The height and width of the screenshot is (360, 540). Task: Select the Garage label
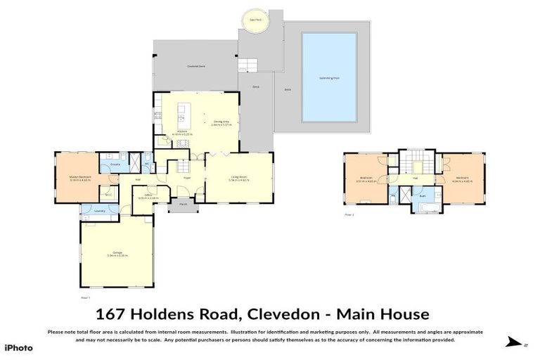[x=116, y=255]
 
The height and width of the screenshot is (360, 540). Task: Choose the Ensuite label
[x=116, y=165]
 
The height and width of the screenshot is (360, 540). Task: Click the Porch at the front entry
[x=182, y=205]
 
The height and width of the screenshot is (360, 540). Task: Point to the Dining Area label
[x=222, y=122]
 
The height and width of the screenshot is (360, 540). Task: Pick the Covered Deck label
[x=195, y=66]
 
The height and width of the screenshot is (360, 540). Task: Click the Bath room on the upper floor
[x=423, y=205]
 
